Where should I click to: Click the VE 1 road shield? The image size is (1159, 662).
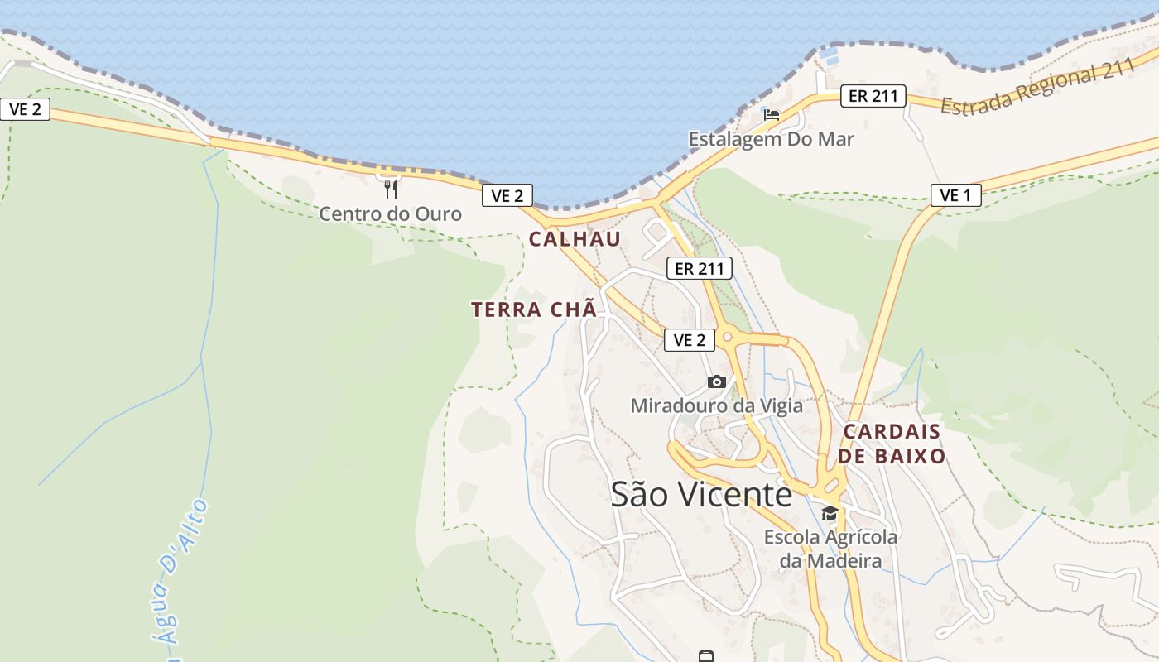tap(955, 195)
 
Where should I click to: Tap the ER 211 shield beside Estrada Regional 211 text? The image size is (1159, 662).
tap(873, 96)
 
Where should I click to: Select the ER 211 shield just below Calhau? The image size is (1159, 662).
tap(699, 268)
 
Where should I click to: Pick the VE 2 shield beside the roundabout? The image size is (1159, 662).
tap(689, 339)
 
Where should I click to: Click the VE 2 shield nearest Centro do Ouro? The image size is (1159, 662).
tap(507, 195)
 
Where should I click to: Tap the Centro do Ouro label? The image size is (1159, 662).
tap(390, 213)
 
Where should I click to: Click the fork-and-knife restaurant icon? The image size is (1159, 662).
tap(390, 189)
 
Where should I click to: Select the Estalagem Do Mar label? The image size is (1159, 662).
tap(771, 139)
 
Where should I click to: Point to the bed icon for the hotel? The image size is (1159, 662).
tap(772, 114)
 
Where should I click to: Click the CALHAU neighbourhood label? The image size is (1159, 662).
tap(575, 239)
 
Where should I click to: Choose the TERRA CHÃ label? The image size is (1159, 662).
tap(533, 309)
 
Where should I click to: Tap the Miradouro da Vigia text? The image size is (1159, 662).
tap(716, 405)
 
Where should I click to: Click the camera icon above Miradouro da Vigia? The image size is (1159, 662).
tap(717, 381)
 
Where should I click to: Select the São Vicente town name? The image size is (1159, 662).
tap(701, 494)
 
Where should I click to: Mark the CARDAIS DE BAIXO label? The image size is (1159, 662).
tap(892, 444)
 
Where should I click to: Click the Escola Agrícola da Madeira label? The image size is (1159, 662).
tap(830, 549)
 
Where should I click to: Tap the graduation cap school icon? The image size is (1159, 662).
tap(830, 514)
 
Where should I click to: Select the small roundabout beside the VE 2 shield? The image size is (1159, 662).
tap(728, 336)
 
